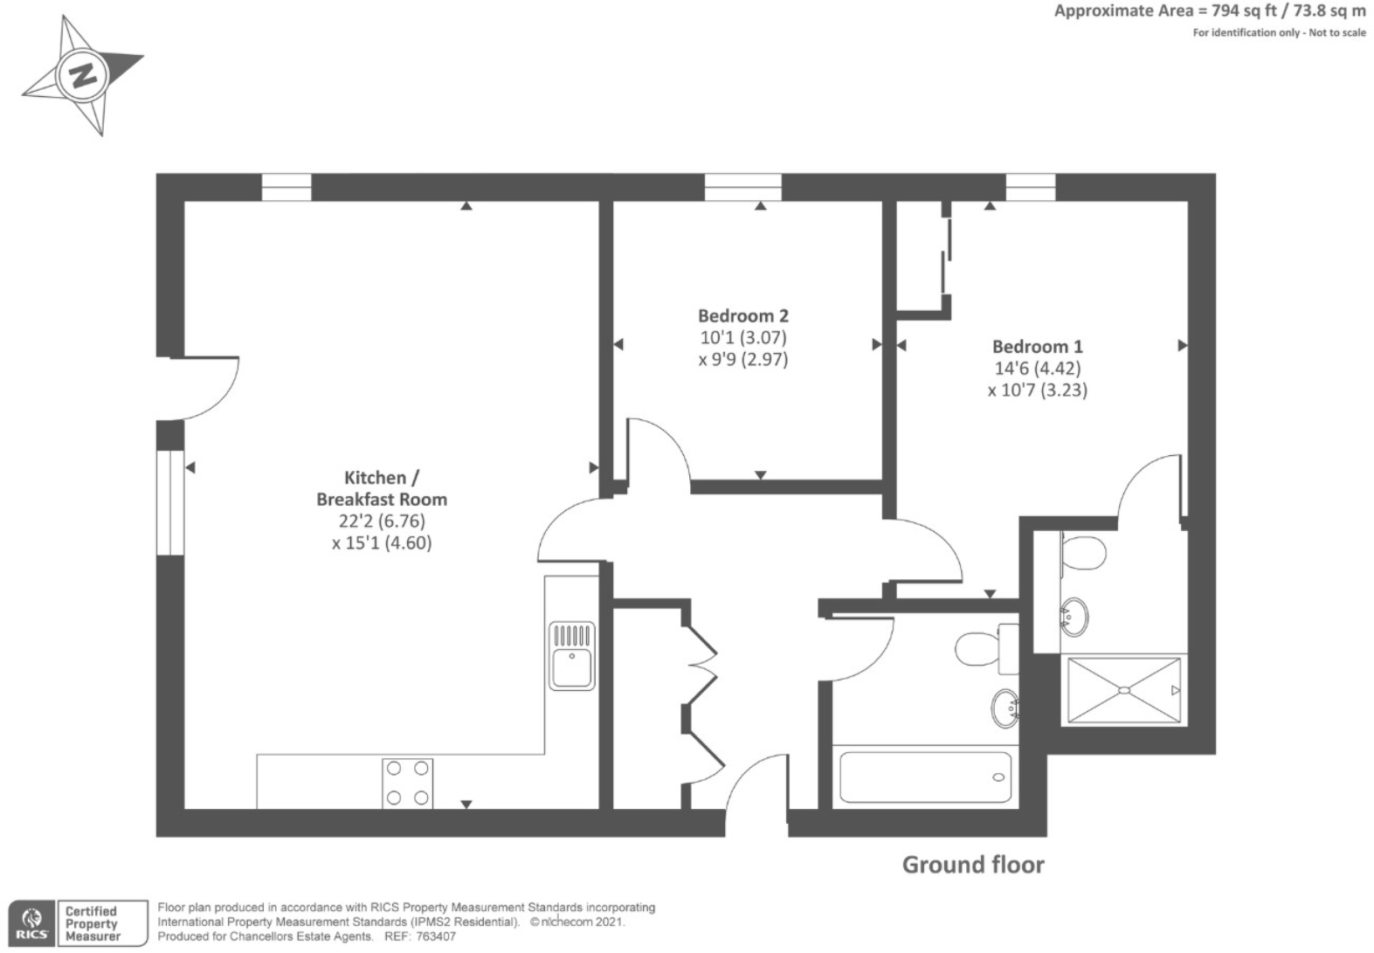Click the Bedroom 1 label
[1037, 347]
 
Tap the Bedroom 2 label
[742, 315]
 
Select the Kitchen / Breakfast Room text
[382, 488]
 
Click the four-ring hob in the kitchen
[407, 783]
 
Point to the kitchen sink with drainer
[572, 655]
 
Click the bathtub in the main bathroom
[925, 777]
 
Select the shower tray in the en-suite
[1123, 690]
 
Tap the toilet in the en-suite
[1083, 552]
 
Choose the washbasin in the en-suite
[1074, 615]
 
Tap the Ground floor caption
[972, 865]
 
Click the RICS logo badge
[31, 924]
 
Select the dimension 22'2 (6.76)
[382, 521]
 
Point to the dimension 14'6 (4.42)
[1037, 369]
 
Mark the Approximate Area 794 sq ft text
[1209, 11]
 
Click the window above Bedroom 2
[742, 187]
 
